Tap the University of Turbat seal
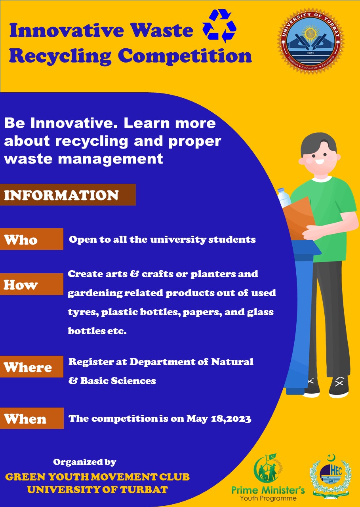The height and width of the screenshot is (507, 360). point(311,42)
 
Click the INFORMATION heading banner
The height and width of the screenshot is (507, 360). point(68,195)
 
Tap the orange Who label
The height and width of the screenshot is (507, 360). point(31,239)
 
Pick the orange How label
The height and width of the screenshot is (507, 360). point(31,284)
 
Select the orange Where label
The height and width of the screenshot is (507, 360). point(31,366)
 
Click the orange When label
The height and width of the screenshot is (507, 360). point(32,418)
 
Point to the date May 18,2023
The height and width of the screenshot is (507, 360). point(219,419)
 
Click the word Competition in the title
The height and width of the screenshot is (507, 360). point(185,56)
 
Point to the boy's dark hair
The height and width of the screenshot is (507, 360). point(318,142)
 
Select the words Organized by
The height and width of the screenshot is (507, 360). point(85,462)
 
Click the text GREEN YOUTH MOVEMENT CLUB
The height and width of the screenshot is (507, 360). point(97,477)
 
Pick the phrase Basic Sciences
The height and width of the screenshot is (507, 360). point(118,381)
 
